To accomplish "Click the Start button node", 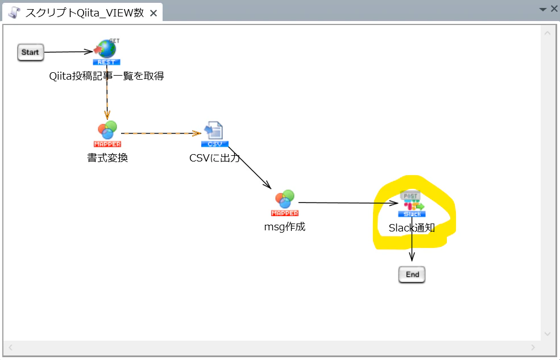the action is [x=30, y=52].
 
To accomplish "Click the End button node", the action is [x=412, y=274].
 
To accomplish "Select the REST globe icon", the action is [x=106, y=52].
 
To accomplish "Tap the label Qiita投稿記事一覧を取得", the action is [x=106, y=76].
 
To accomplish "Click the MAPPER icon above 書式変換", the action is [x=107, y=134].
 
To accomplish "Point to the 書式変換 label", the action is [x=107, y=158].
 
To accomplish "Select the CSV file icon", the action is [x=214, y=134].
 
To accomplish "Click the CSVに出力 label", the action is [x=214, y=158].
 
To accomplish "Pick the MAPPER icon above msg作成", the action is [x=285, y=203].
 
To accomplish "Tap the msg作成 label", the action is [x=285, y=227].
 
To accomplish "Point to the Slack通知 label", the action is [x=412, y=228].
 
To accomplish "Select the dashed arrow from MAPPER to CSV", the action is [x=161, y=133].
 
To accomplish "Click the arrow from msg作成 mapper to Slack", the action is [x=348, y=203].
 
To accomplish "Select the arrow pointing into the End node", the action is [x=412, y=239].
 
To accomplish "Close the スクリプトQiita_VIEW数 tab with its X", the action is [x=154, y=13].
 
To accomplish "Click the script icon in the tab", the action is [x=14, y=13].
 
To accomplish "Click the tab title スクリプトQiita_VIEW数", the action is [x=85, y=13].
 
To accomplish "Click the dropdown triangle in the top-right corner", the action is [x=543, y=9].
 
